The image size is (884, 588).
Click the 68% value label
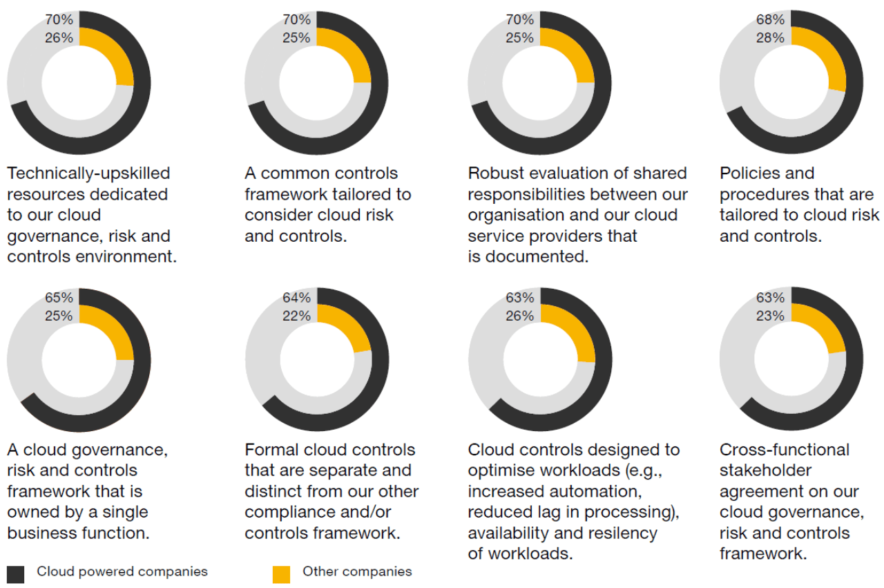pyautogui.click(x=771, y=20)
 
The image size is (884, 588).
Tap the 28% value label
pyautogui.click(x=771, y=38)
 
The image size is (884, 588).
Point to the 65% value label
pyautogui.click(x=59, y=298)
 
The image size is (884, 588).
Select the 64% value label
pyautogui.click(x=296, y=298)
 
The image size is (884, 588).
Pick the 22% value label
pyautogui.click(x=296, y=316)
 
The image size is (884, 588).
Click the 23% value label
pyautogui.click(x=771, y=316)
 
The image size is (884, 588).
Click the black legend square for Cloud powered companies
pyautogui.click(x=16, y=573)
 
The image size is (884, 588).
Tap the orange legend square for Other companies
pyautogui.click(x=281, y=573)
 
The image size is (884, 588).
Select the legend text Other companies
pyautogui.click(x=357, y=571)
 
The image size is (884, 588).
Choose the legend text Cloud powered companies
pyautogui.click(x=122, y=571)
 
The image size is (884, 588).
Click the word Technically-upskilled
pyautogui.click(x=88, y=173)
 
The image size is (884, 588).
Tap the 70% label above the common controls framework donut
pyautogui.click(x=296, y=20)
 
